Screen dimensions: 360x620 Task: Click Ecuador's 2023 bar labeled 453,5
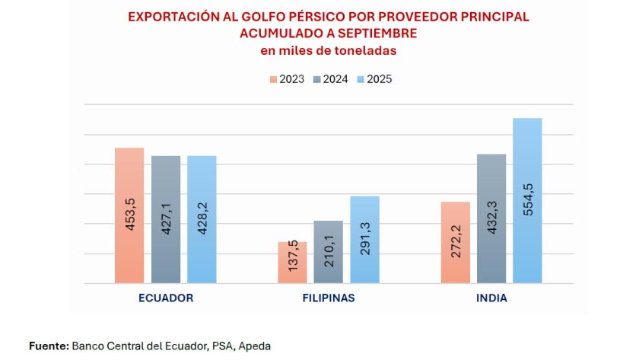pos(129,215)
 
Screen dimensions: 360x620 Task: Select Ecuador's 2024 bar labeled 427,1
pos(166,219)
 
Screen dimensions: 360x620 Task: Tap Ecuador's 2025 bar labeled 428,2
pos(202,219)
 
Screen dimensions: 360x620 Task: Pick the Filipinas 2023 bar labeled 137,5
pos(292,263)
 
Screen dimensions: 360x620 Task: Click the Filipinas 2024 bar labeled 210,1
pos(329,252)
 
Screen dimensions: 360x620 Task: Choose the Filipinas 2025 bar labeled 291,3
pos(364,240)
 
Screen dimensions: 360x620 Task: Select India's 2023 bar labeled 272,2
pos(455,243)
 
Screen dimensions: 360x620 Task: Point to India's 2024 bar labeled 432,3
pos(491,218)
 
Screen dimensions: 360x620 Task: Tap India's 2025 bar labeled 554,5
pos(527,200)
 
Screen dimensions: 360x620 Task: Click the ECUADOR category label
pos(166,298)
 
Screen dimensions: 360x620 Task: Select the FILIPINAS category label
pos(329,298)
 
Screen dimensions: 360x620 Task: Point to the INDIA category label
pos(491,298)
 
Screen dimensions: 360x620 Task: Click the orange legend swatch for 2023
pos(272,79)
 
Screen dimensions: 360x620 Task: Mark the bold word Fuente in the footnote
pos(48,346)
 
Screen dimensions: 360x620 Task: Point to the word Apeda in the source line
pos(254,346)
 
